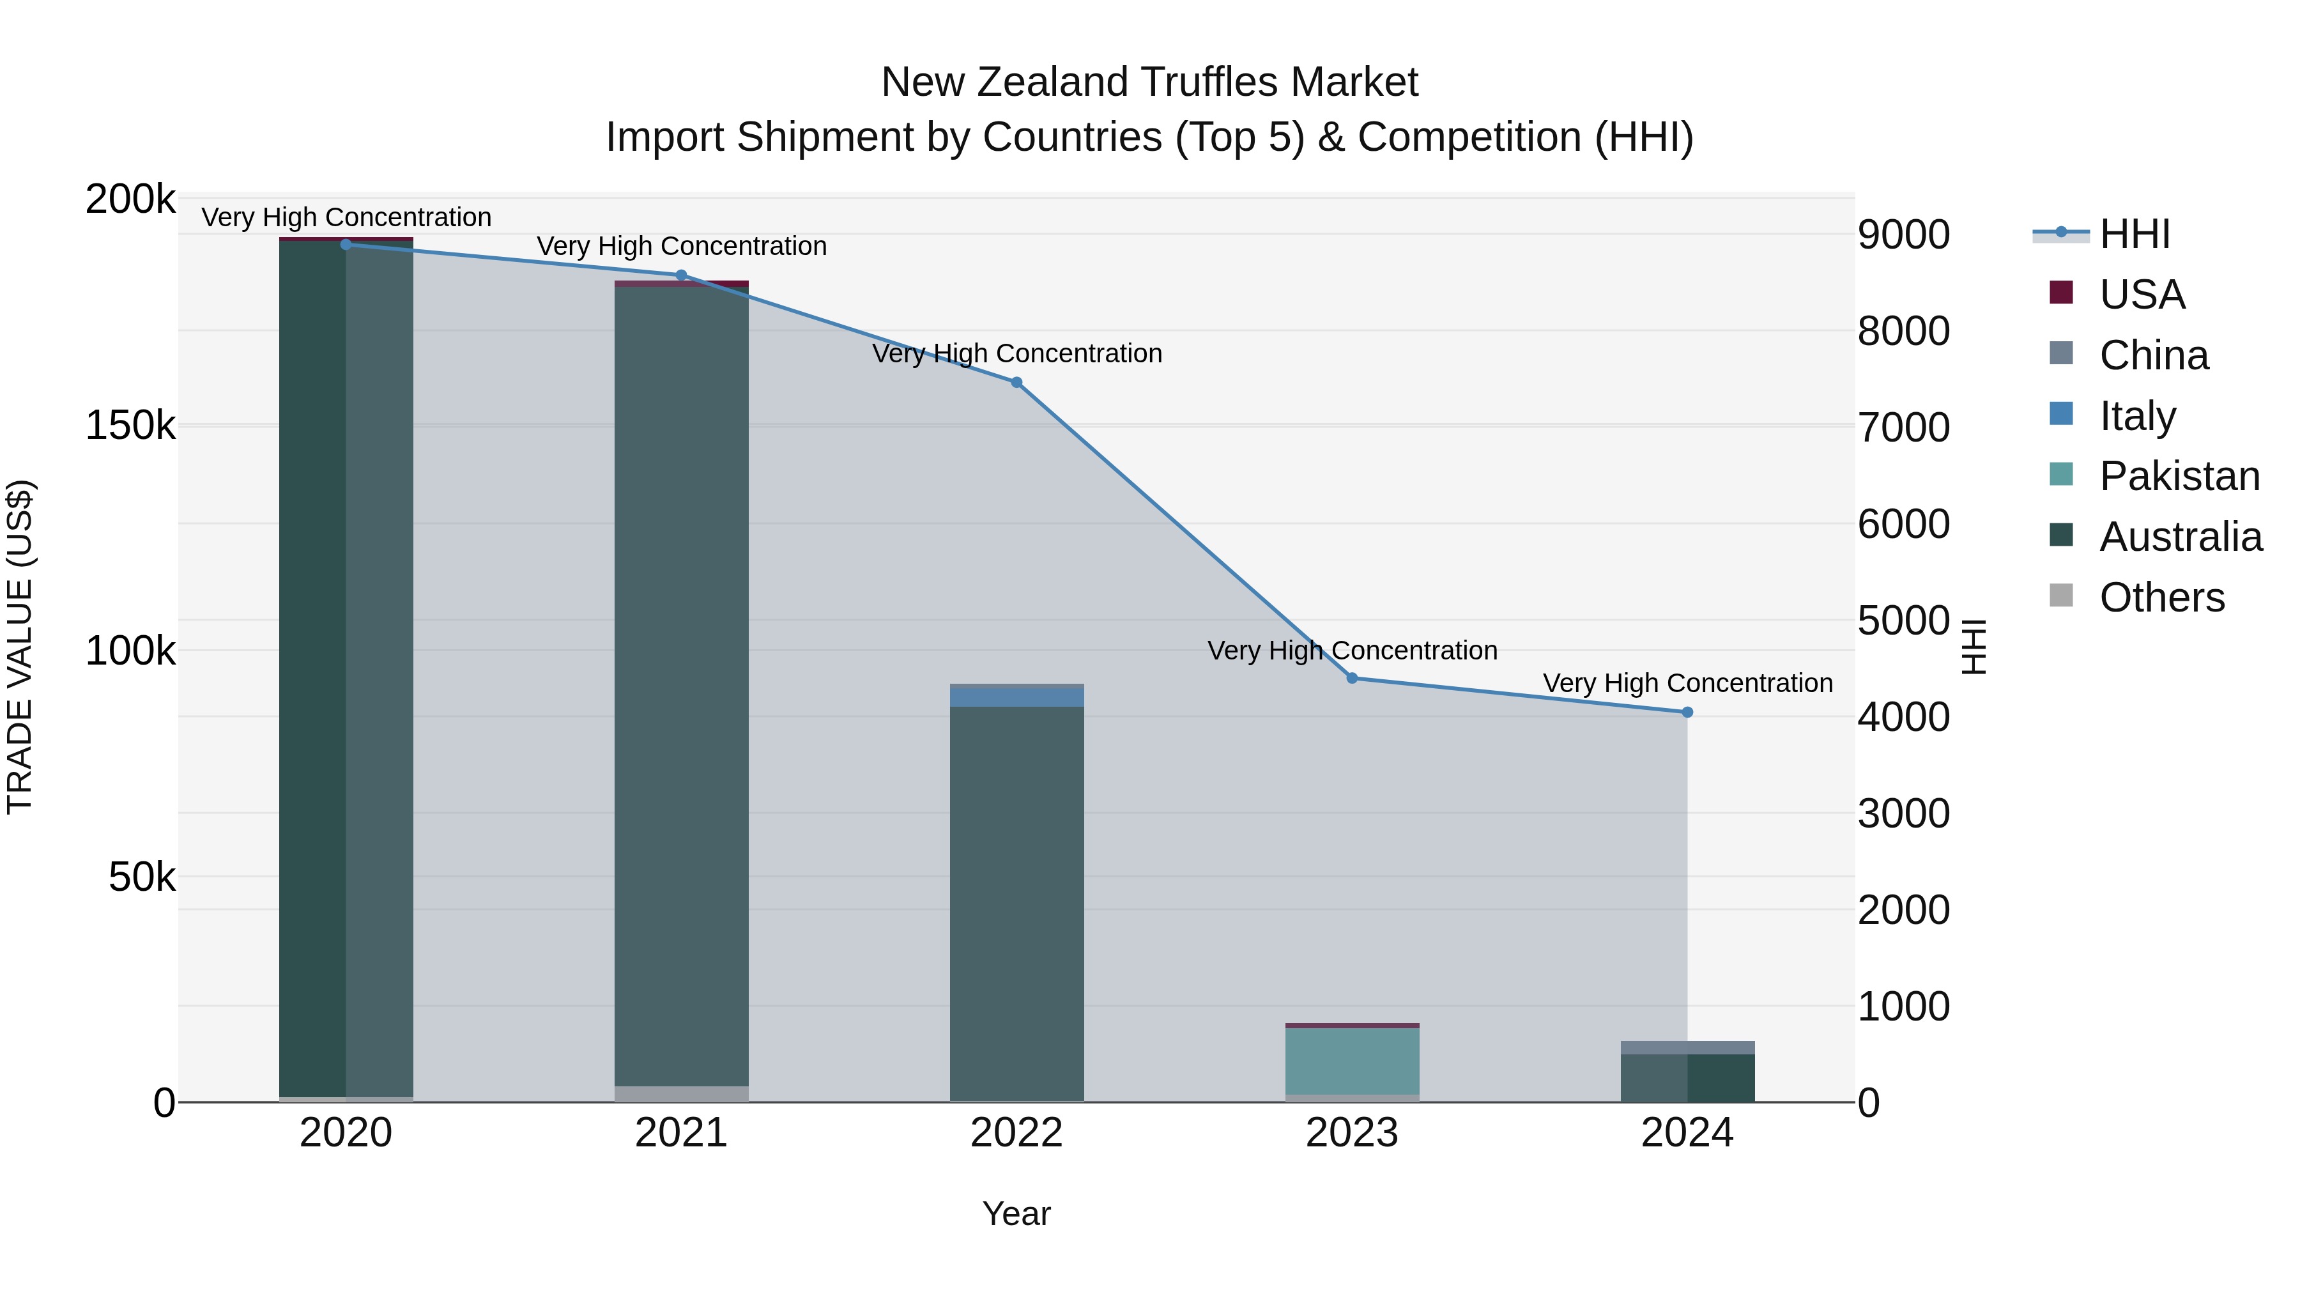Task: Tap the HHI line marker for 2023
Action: tap(1352, 678)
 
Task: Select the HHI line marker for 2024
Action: tap(1687, 712)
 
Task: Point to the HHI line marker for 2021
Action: tap(681, 275)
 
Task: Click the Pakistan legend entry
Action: tap(2179, 476)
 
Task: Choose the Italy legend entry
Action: tap(2138, 415)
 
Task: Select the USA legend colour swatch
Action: tap(2060, 293)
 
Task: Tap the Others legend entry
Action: tap(2161, 597)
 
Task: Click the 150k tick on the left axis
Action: tap(130, 425)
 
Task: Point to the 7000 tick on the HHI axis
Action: tap(1904, 427)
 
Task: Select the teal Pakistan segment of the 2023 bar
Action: tap(1352, 1061)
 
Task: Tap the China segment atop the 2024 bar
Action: tap(1687, 1047)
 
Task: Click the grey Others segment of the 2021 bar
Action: tap(681, 1094)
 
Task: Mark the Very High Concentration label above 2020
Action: tap(346, 217)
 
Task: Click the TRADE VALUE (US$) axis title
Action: tap(20, 647)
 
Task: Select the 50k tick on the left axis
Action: tap(141, 877)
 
